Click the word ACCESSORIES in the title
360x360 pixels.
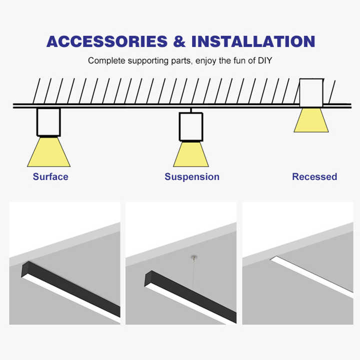point(107,41)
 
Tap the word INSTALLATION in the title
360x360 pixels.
point(253,41)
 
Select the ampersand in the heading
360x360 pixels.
point(179,41)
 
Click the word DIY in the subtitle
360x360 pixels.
point(265,60)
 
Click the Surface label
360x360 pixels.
point(50,177)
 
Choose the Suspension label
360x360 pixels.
point(192,177)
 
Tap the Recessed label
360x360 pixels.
point(314,177)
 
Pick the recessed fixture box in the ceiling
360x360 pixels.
point(311,93)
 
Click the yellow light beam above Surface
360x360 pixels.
point(49,152)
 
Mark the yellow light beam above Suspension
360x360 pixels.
point(191,154)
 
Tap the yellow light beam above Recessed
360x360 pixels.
point(311,120)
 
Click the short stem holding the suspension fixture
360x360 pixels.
point(191,110)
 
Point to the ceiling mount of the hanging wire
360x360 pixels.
point(194,257)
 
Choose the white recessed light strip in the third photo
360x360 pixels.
point(311,276)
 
